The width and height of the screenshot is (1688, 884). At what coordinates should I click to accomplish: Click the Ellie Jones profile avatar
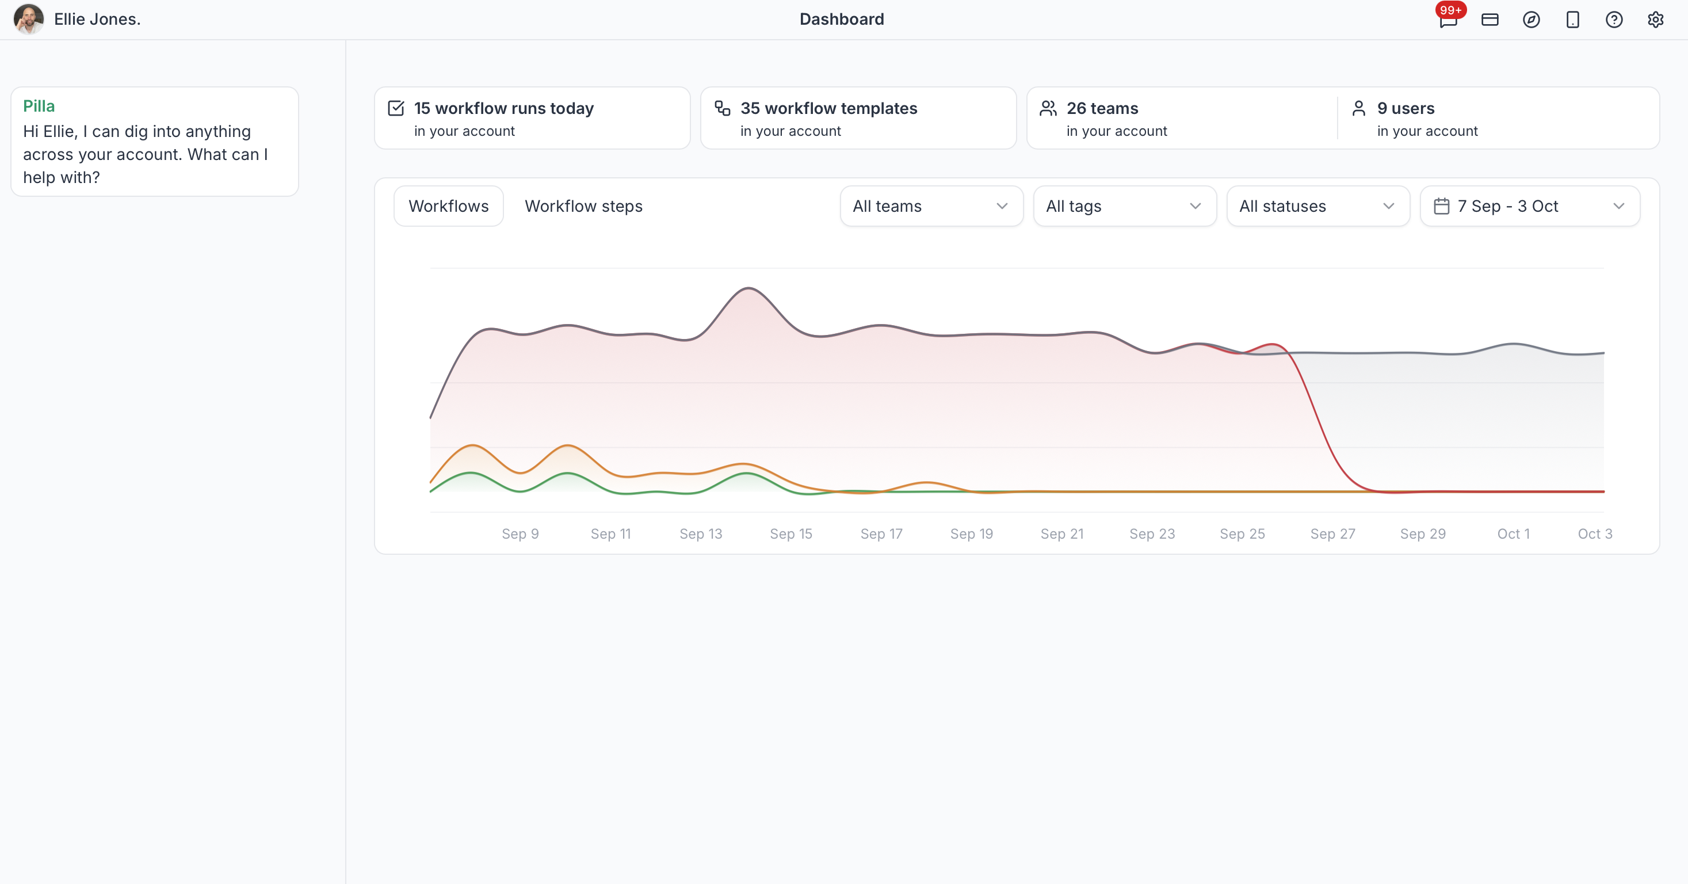coord(29,19)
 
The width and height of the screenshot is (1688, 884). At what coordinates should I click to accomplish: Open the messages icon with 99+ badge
coord(1448,20)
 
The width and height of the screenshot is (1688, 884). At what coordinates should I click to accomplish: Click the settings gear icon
coord(1655,20)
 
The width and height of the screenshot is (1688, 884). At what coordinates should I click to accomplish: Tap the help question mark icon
coord(1614,20)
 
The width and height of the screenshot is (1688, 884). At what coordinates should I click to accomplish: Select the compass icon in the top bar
coord(1532,20)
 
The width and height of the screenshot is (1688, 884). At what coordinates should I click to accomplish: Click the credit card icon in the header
coord(1490,20)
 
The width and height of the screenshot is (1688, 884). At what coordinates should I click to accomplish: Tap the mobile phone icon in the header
coord(1573,20)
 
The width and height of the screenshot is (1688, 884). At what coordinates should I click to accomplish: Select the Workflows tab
coord(449,207)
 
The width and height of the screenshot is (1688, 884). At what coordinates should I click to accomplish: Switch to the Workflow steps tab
coord(583,207)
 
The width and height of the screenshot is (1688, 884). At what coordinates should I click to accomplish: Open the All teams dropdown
coord(931,207)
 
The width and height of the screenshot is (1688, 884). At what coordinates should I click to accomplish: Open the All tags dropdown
coord(1124,207)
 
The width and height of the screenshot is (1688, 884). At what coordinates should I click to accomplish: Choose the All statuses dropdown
coord(1317,207)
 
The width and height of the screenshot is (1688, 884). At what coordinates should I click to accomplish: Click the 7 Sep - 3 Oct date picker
coord(1529,207)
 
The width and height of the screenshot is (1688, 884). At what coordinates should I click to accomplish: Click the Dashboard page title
coord(841,19)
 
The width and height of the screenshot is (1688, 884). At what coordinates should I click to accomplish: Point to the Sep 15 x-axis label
coord(791,534)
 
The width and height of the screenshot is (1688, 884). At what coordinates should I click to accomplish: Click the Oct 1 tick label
coord(1513,534)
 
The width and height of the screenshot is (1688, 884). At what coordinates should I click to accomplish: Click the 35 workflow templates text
coord(828,108)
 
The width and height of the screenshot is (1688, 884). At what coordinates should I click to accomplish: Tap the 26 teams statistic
coord(1102,108)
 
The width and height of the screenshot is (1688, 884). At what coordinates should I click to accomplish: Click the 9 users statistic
coord(1406,108)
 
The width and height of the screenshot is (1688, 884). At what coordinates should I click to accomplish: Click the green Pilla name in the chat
coord(39,106)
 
